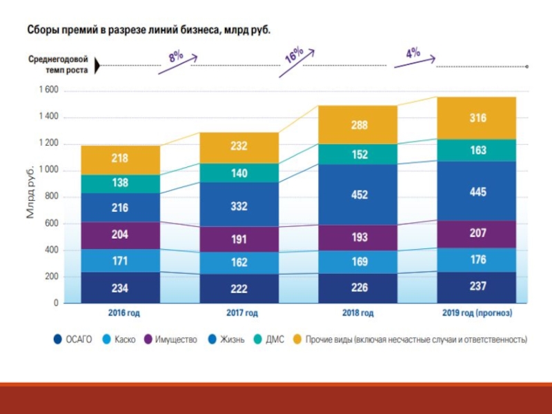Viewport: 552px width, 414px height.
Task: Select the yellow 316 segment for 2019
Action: tap(477, 118)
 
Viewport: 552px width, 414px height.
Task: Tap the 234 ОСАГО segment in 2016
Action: tap(120, 288)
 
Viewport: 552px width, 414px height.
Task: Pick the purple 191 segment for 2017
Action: tap(239, 239)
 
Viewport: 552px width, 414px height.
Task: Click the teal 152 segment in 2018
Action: tap(359, 155)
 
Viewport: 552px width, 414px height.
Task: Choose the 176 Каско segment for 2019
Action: tap(477, 259)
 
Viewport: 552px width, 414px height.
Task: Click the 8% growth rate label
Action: tap(176, 58)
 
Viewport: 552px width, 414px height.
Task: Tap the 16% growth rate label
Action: tap(295, 55)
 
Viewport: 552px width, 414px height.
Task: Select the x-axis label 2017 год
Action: tap(241, 313)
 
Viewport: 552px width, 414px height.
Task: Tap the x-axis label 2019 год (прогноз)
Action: tap(477, 313)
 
